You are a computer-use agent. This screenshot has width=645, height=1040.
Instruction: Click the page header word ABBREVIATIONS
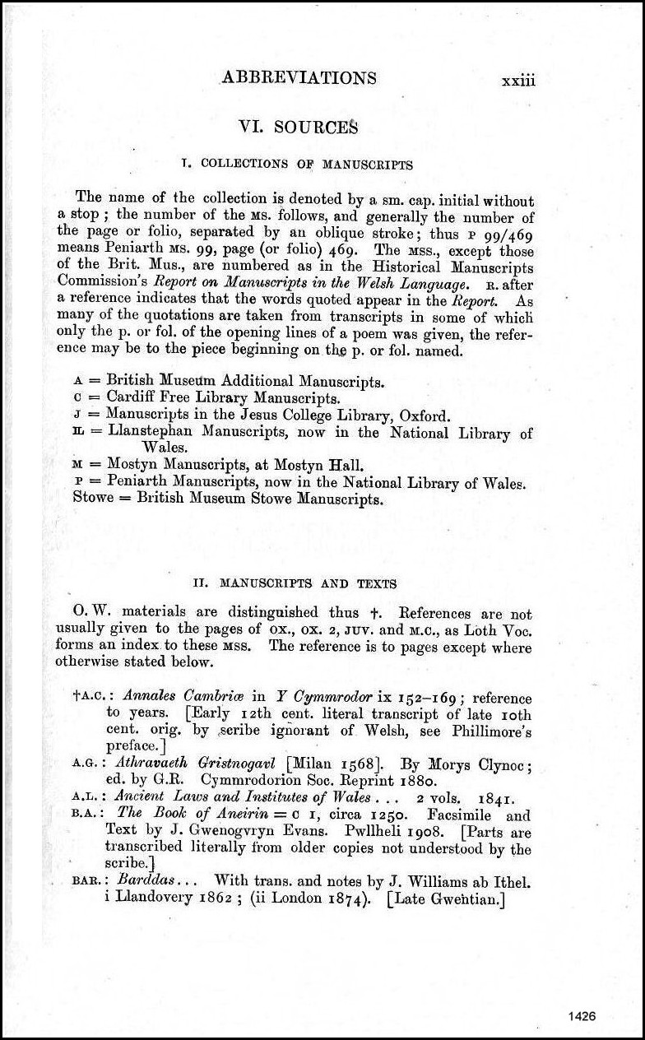(299, 78)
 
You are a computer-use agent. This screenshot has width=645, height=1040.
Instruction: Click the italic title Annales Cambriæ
(174, 698)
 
